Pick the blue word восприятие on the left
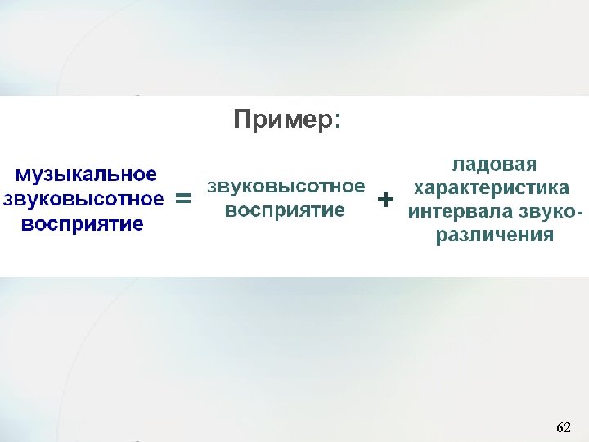(x=83, y=223)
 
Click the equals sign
(x=184, y=199)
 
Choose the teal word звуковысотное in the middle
(x=285, y=186)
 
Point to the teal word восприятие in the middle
(x=285, y=210)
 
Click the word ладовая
(x=494, y=164)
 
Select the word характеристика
(x=492, y=188)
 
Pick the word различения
(x=493, y=236)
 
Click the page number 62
(x=563, y=427)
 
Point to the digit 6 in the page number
(x=560, y=427)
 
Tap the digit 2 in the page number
(x=567, y=427)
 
